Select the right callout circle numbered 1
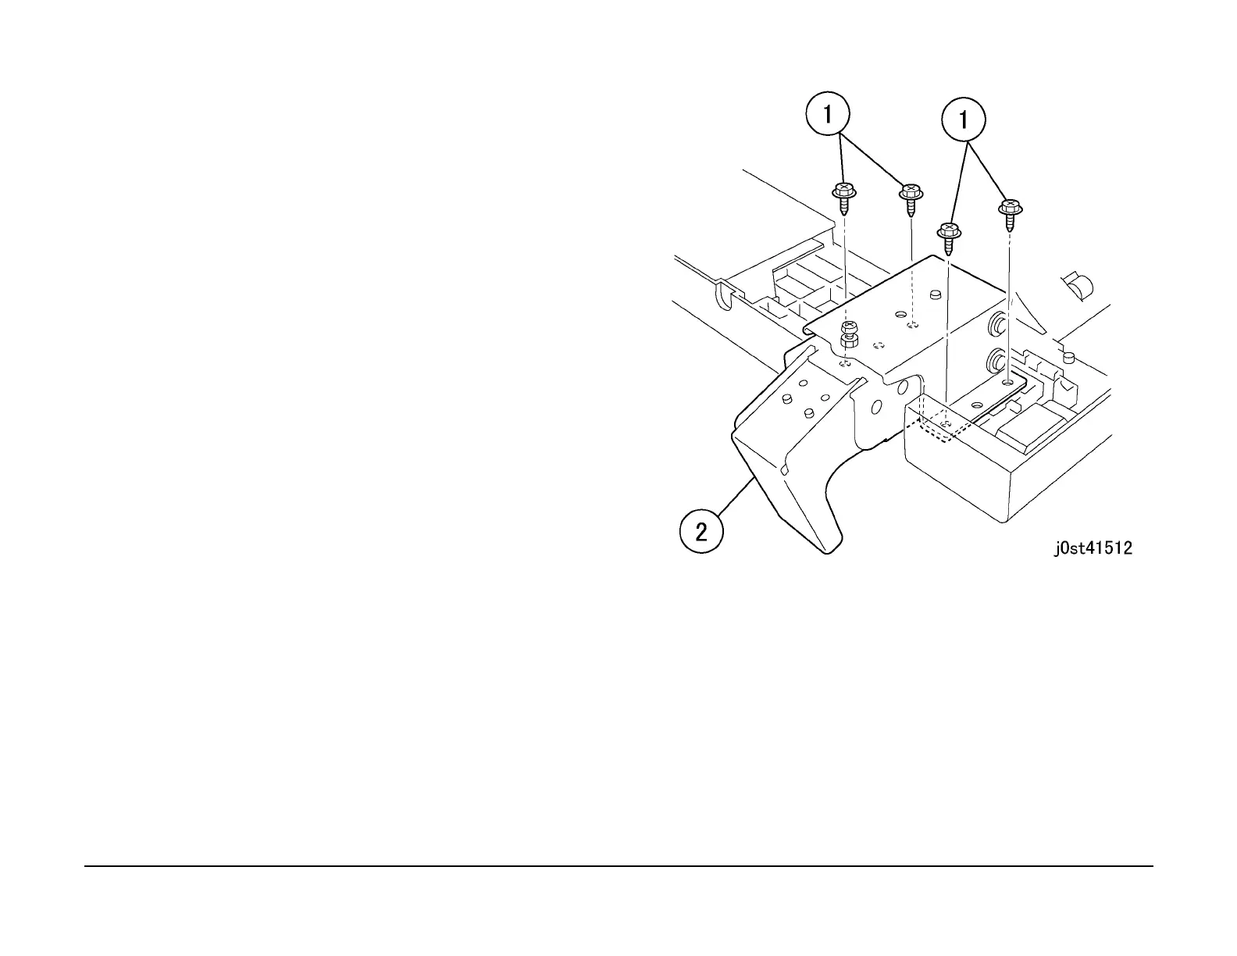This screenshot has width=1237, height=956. click(x=963, y=120)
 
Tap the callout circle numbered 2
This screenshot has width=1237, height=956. click(x=701, y=532)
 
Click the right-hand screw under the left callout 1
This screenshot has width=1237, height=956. click(x=911, y=198)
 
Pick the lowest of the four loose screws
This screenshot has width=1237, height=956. click(x=948, y=237)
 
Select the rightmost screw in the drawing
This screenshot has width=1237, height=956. click(x=1011, y=213)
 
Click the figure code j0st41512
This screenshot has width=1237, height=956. click(x=1093, y=548)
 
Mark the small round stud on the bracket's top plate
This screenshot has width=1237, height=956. click(x=934, y=294)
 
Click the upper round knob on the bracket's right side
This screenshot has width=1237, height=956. click(x=996, y=323)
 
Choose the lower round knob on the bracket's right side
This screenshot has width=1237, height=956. click(x=996, y=360)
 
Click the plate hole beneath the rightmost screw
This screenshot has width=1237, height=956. click(x=1008, y=383)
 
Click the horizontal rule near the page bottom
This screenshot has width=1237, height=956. click(x=618, y=865)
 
